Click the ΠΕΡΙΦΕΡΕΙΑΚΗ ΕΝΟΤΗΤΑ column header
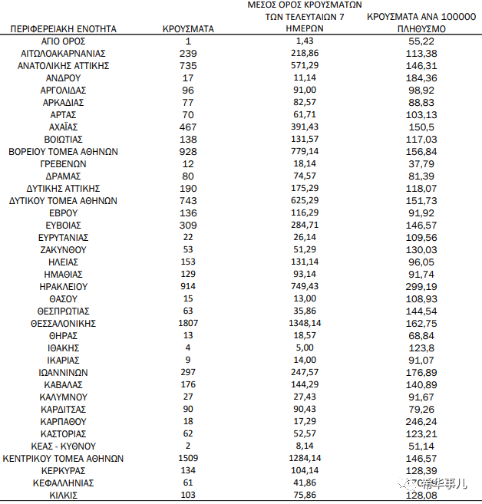63,28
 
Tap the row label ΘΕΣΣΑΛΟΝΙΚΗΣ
63,323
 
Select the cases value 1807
188,323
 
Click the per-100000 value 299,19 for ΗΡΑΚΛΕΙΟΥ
419,286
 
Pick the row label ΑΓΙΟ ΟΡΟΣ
63,41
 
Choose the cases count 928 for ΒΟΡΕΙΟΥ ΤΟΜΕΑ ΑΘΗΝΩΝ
188,151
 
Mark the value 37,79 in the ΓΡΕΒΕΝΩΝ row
419,163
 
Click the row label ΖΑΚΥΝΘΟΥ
63,249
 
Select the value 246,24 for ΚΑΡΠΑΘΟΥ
419,421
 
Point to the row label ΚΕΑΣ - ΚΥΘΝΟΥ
63,446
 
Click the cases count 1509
188,458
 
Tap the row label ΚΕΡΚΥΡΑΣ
63,470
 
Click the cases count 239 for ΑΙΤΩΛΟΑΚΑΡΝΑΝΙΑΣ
188,53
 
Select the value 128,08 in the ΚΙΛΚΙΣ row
419,495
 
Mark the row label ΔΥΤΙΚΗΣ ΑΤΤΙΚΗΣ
63,188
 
